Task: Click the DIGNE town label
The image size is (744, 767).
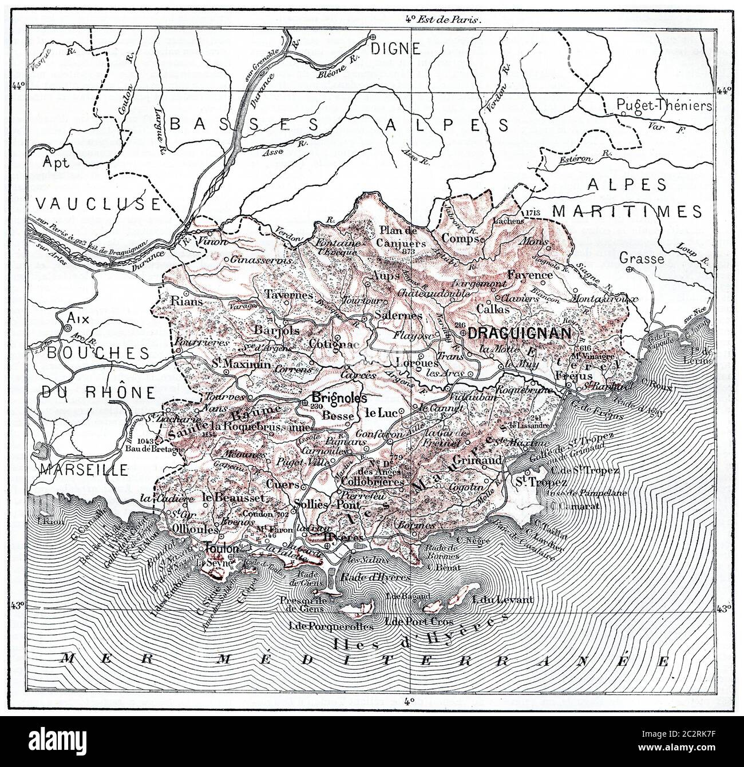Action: point(395,48)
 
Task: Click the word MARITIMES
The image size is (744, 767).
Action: point(627,212)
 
